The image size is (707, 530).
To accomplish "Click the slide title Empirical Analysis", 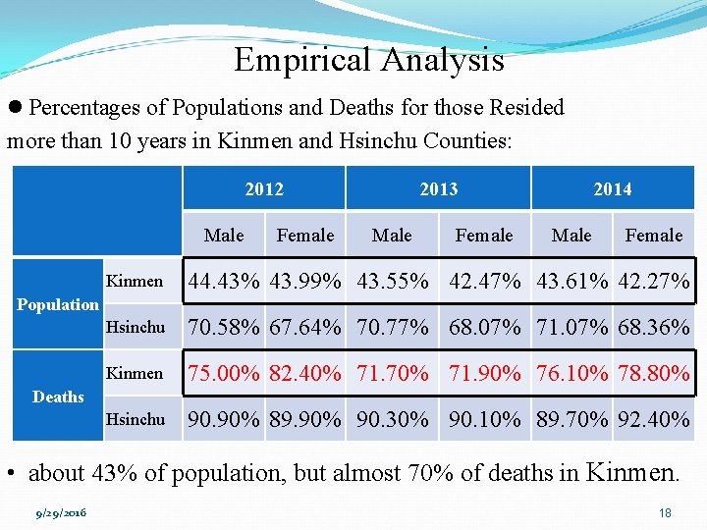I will pyautogui.click(x=368, y=61).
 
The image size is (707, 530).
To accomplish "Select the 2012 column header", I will pyautogui.click(x=264, y=188).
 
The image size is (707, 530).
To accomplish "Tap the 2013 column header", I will pyautogui.click(x=438, y=188).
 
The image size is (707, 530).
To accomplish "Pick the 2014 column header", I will pyautogui.click(x=612, y=188).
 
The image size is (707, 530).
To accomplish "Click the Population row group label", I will pyautogui.click(x=58, y=304).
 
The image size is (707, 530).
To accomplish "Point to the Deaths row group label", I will pyautogui.click(x=58, y=397).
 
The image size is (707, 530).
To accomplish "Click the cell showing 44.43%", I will pyautogui.click(x=224, y=282).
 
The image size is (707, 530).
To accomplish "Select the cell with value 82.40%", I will pyautogui.click(x=305, y=374).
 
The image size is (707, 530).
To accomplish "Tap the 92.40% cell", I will pyautogui.click(x=653, y=420).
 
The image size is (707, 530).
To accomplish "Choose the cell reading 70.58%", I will pyautogui.click(x=224, y=328).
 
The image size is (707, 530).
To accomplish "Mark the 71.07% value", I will pyautogui.click(x=572, y=328).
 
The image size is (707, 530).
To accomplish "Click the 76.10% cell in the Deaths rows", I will pyautogui.click(x=572, y=374).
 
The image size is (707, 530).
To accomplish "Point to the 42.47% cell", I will pyautogui.click(x=484, y=282).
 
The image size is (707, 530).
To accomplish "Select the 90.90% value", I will pyautogui.click(x=224, y=420).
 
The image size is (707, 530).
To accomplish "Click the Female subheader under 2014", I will pyautogui.click(x=653, y=236).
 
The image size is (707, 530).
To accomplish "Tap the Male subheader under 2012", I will pyautogui.click(x=224, y=236).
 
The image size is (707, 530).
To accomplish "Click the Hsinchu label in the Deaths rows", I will pyautogui.click(x=135, y=419).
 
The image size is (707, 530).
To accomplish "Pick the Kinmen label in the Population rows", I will pyautogui.click(x=135, y=281).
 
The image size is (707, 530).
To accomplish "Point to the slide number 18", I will pyautogui.click(x=665, y=512).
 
